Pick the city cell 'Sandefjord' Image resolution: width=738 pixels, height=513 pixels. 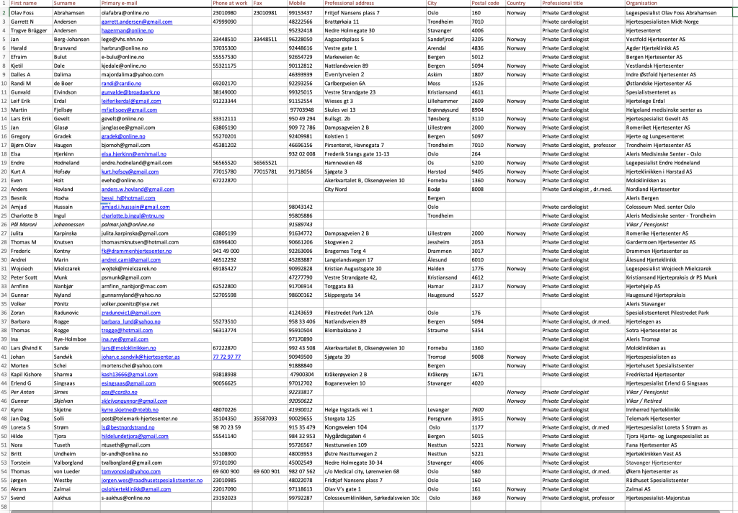pyautogui.click(x=441, y=40)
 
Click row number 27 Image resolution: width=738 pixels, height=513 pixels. pyautogui.click(x=4, y=233)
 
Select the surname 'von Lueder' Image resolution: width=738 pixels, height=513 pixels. pyautogui.click(x=69, y=471)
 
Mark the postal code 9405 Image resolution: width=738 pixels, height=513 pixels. pyautogui.click(x=477, y=172)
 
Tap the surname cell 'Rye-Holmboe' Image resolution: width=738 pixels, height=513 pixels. pyautogui.click(x=71, y=339)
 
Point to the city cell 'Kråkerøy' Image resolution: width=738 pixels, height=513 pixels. pyautogui.click(x=439, y=375)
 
